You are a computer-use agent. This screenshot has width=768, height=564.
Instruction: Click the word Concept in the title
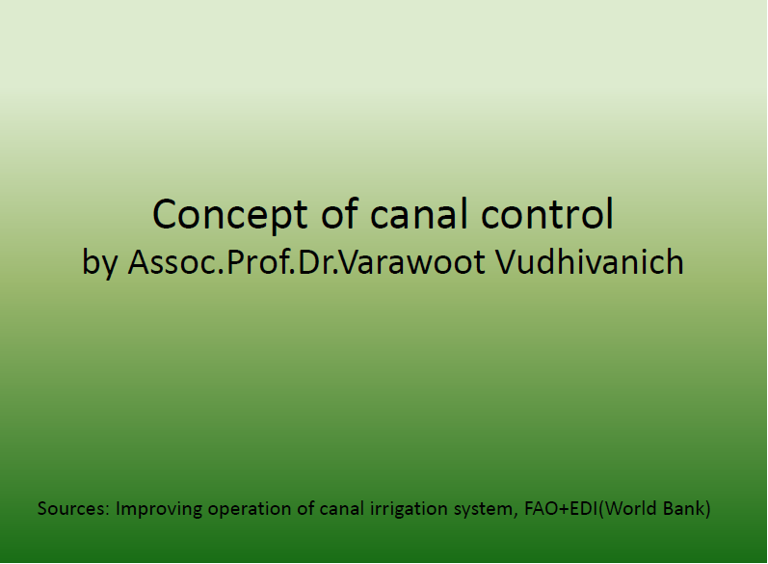(230, 215)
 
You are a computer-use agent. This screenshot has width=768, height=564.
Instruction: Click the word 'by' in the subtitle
(100, 263)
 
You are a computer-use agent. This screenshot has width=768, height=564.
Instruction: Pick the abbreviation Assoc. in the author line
(175, 262)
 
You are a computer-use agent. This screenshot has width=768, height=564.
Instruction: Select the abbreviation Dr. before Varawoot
(318, 262)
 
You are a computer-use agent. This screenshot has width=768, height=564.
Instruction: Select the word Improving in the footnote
(159, 510)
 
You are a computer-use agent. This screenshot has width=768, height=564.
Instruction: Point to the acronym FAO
(541, 509)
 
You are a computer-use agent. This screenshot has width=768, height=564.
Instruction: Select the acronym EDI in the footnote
(584, 509)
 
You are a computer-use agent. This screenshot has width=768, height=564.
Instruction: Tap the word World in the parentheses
(630, 508)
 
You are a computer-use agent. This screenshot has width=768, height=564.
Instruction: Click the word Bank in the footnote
(684, 508)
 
